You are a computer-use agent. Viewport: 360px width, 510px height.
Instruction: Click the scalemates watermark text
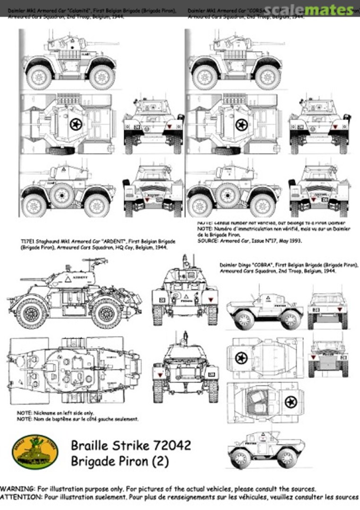(x=309, y=10)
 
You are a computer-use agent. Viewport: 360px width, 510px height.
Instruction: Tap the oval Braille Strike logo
(x=35, y=451)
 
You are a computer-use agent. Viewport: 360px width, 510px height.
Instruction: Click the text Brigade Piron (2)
(x=120, y=460)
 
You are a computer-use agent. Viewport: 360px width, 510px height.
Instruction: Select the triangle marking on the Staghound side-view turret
(x=68, y=280)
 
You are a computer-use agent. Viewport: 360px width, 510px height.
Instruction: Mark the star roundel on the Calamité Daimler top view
(x=76, y=125)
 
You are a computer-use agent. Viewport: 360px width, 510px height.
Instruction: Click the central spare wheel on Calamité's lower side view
(x=62, y=195)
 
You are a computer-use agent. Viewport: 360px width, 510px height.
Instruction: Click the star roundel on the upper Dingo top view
(x=241, y=357)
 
